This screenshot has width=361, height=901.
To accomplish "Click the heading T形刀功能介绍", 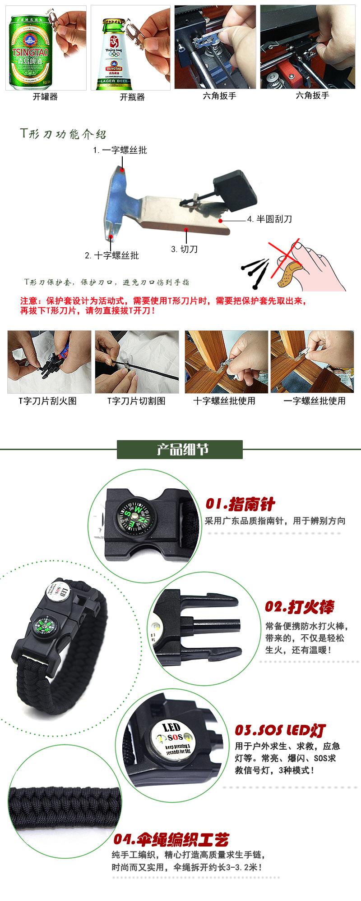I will pyautogui.click(x=64, y=134).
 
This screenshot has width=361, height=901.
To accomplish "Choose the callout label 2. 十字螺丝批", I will pyautogui.click(x=112, y=255).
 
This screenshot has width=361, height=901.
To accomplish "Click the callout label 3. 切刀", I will pyautogui.click(x=185, y=249).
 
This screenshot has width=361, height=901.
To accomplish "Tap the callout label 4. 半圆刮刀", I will pyautogui.click(x=269, y=219).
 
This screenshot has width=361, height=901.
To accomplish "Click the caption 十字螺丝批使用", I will pyautogui.click(x=224, y=400).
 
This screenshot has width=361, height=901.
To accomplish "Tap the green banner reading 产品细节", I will pyautogui.click(x=180, y=449).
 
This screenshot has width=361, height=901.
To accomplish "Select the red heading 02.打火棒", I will pyautogui.click(x=300, y=607).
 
